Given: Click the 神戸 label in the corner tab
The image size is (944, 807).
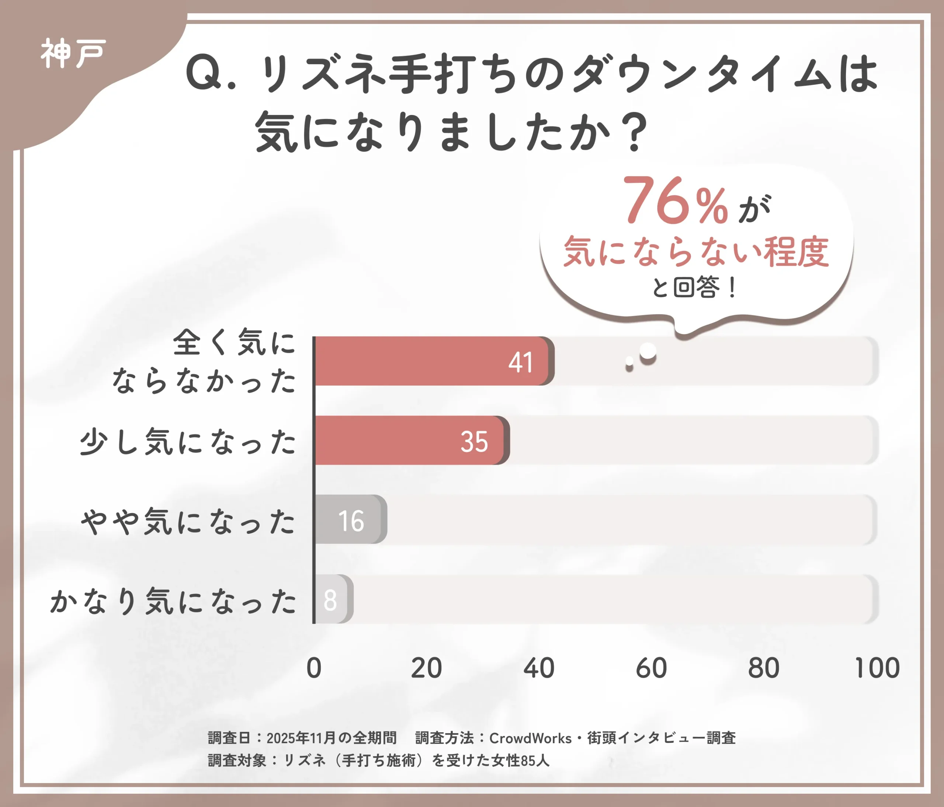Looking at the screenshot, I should (73, 54).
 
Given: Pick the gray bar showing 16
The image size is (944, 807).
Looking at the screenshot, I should (350, 520).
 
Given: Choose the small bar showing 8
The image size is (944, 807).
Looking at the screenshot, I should (333, 599).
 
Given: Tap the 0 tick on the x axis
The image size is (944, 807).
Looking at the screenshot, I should (314, 668).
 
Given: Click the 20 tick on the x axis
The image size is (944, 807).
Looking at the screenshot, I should (426, 668).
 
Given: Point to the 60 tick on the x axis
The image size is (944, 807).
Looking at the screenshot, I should (652, 668).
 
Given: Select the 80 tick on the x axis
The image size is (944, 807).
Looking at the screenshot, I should (764, 668).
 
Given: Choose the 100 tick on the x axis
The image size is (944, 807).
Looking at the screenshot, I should (877, 668).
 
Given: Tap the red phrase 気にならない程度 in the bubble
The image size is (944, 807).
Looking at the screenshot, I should (696, 252).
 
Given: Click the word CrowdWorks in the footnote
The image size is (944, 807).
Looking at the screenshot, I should (530, 738).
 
